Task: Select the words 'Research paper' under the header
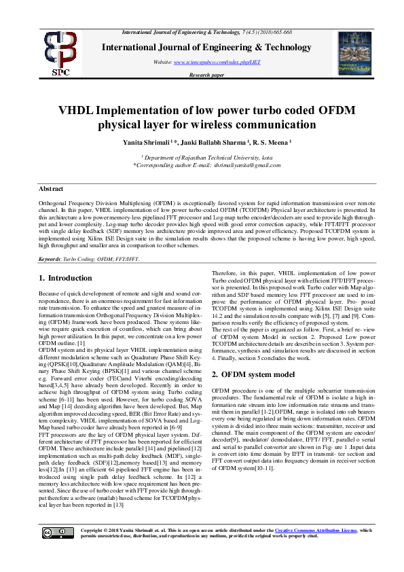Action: [x=206, y=75]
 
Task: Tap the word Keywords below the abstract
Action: [x=52, y=260]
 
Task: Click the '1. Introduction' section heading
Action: [x=71, y=278]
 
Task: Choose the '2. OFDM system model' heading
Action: [x=253, y=374]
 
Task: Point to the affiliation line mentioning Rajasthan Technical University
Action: [x=202, y=157]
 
